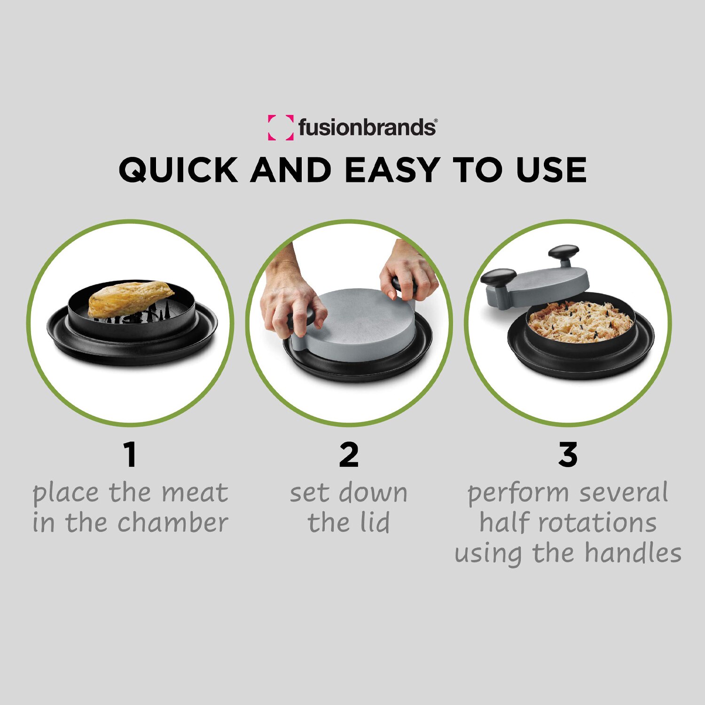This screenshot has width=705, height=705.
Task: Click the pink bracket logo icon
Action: [x=281, y=127]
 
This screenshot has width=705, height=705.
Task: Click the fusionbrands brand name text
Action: [x=367, y=127]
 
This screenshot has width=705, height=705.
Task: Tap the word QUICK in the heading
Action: [x=178, y=170]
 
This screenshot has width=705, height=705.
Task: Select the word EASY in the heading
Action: [x=392, y=170]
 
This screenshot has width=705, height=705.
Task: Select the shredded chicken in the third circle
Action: [x=580, y=322]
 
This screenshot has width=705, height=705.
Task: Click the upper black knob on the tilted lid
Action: [x=564, y=251]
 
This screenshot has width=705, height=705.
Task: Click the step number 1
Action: [x=130, y=454]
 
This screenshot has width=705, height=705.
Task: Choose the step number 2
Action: [x=349, y=454]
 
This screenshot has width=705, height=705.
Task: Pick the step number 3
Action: [x=568, y=454]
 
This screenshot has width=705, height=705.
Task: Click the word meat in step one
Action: [x=195, y=493]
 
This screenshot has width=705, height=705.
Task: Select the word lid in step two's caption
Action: [x=375, y=523]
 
